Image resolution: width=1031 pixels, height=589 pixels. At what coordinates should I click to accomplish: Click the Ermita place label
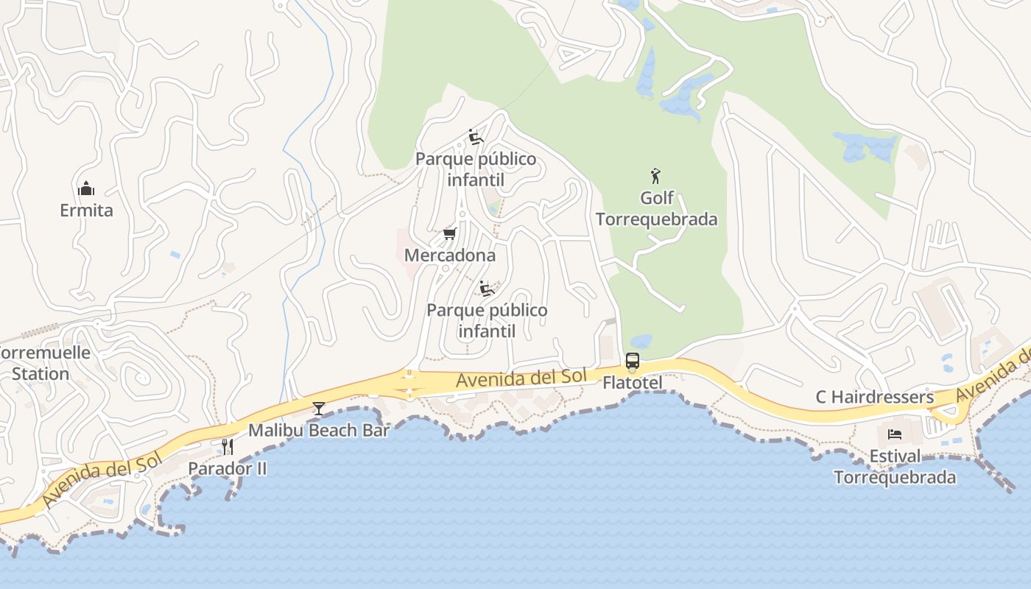point(86,211)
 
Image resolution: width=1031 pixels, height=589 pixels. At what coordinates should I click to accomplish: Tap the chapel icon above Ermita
point(86,189)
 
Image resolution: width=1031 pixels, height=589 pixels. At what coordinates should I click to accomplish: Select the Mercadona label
point(450,255)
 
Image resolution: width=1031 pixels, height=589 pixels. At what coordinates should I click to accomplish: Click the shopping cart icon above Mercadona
point(449,234)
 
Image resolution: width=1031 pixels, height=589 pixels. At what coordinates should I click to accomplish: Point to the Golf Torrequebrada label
point(656,209)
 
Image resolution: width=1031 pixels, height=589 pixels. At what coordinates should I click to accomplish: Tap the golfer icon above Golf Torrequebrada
point(655,176)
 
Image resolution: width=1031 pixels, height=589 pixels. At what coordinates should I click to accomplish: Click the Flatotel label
point(633,383)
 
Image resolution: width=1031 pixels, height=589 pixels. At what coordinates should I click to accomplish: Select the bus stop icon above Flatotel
point(633,361)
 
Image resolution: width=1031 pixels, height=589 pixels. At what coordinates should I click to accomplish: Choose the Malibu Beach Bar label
point(318,431)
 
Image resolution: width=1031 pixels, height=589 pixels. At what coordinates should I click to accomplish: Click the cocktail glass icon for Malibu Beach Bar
point(318,409)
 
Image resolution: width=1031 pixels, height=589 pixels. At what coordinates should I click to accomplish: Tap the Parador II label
point(228,468)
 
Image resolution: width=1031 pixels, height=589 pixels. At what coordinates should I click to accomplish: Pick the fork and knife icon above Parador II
point(228,446)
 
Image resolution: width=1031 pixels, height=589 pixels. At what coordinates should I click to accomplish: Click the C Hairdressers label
point(874,398)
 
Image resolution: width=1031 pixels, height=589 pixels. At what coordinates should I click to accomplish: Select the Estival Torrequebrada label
point(895,466)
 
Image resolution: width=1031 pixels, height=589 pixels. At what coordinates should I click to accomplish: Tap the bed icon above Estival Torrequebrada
point(895,434)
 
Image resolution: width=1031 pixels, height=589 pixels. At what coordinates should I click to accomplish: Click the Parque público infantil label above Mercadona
point(476,169)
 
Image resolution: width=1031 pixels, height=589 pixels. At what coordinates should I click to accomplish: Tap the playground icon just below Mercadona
point(486,288)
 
